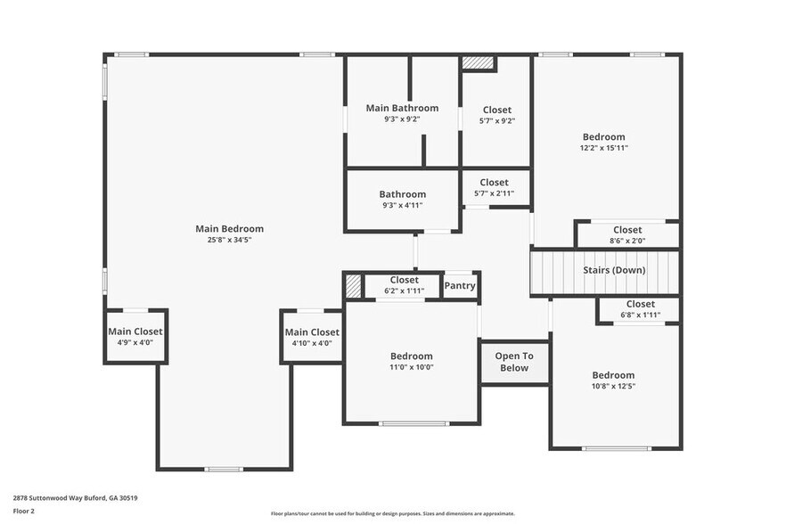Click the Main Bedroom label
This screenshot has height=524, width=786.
229,229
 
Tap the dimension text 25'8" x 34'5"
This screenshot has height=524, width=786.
229,240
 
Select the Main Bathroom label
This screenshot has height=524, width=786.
402,108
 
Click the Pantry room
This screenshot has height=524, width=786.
460,286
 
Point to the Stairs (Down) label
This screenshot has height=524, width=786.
614,270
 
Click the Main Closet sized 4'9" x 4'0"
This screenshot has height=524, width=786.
135,337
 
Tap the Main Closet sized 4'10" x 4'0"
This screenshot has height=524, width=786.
312,337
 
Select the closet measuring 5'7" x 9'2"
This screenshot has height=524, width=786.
496,115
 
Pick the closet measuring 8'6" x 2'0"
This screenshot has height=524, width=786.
626,235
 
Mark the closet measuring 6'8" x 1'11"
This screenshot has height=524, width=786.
639,309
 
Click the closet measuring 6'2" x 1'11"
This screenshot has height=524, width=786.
404,285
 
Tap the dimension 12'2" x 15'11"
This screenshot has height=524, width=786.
603,148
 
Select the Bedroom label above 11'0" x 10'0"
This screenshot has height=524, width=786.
411,356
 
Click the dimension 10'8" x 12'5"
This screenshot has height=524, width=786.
613,386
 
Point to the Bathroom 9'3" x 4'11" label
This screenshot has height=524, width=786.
402,200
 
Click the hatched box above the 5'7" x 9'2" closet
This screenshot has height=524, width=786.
478,63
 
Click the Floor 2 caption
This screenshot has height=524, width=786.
23,512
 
